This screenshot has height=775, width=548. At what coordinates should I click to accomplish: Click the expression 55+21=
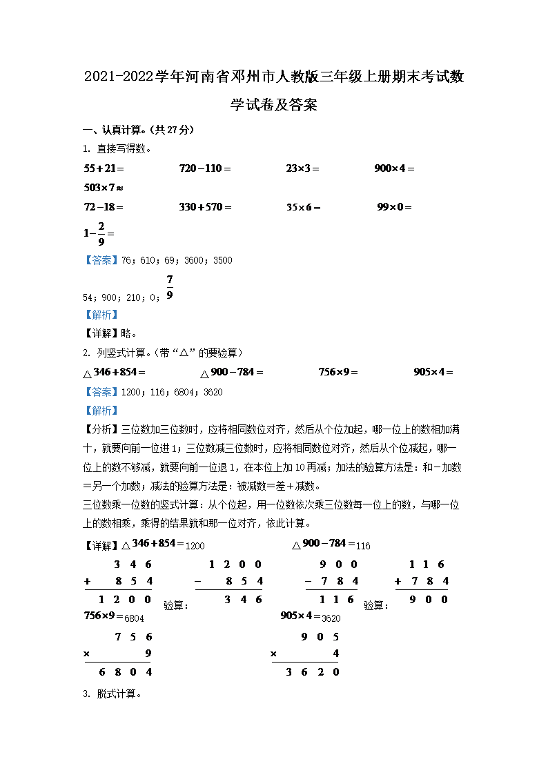(104, 168)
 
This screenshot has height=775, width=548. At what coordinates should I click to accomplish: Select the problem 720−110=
(204, 168)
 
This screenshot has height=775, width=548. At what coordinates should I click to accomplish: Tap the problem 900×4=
(394, 168)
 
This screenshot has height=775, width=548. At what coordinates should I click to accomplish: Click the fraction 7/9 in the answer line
(170, 288)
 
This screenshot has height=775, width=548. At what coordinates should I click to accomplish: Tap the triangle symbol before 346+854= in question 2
(87, 373)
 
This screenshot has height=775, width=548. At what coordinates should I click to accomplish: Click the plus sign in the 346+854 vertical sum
(88, 581)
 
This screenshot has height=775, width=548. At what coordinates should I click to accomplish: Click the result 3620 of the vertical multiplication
(312, 671)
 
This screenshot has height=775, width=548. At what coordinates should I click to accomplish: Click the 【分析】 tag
(97, 429)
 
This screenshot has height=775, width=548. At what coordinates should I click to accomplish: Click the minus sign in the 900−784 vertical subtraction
(309, 581)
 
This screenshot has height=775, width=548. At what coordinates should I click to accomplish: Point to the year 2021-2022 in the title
(118, 77)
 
